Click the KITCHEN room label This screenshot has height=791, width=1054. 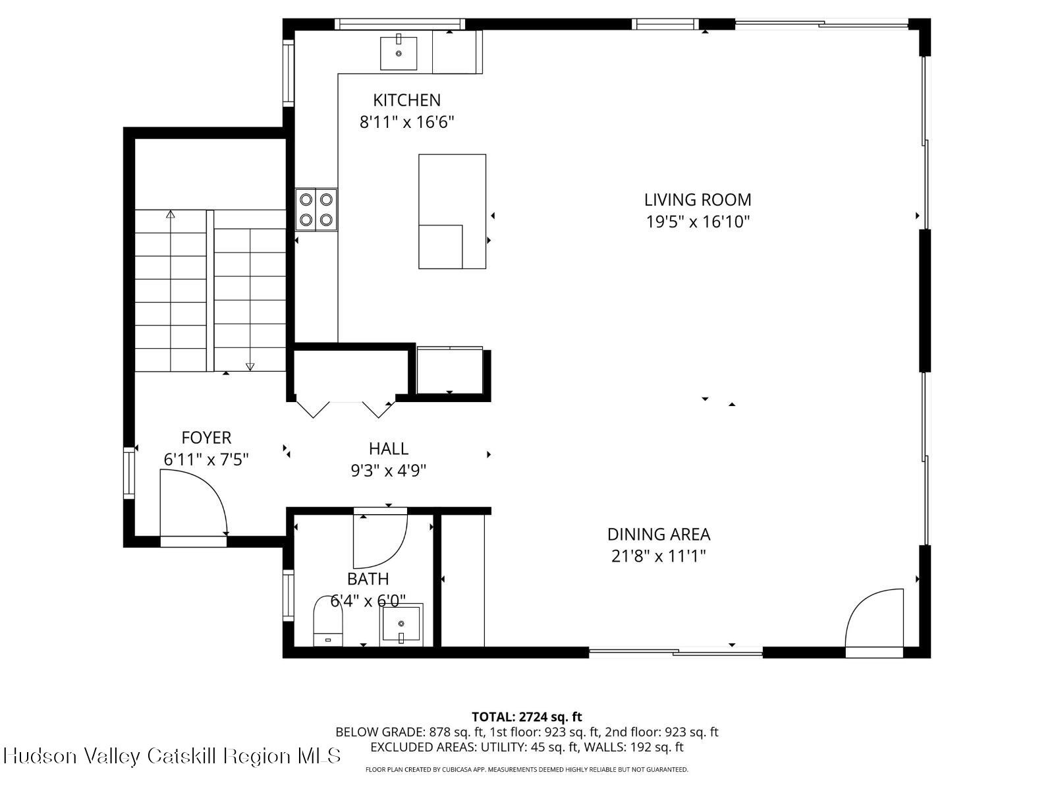(406, 100)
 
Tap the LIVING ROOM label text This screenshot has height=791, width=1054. (697, 200)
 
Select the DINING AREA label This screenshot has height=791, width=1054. (658, 534)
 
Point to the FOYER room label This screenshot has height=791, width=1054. (206, 438)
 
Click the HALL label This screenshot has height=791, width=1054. (388, 449)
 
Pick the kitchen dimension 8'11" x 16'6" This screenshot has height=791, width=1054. (406, 122)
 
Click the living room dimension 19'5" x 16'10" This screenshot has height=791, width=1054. (697, 221)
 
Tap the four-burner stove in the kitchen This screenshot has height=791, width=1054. (316, 209)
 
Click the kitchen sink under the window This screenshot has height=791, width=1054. (399, 53)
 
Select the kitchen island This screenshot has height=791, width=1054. (452, 211)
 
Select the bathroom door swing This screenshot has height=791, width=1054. (380, 541)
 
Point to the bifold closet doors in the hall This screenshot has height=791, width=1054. (344, 409)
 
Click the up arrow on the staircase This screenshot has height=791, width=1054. (171, 215)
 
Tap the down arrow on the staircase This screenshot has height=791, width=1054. (250, 366)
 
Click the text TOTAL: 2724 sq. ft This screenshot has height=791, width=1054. (526, 717)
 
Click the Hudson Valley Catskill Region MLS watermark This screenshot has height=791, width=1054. (172, 755)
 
